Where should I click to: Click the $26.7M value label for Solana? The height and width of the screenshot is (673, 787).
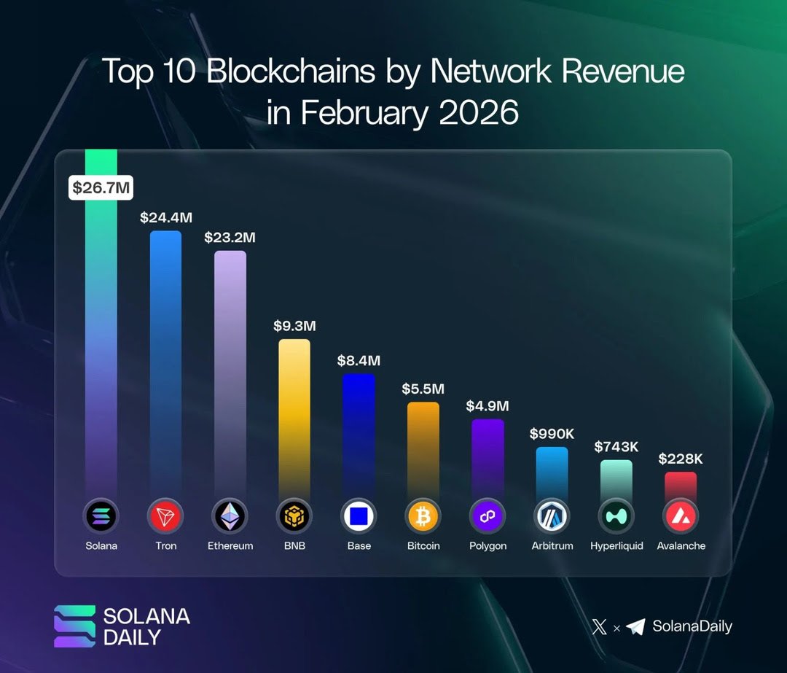tap(101, 187)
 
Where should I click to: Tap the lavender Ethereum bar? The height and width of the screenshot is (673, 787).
tap(230, 365)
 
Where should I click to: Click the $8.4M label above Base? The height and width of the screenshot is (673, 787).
tap(359, 360)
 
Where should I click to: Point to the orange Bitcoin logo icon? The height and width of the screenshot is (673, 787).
tap(423, 517)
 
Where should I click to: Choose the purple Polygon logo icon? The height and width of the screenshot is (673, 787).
tap(488, 517)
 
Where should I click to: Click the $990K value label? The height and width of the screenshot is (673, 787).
tap(552, 434)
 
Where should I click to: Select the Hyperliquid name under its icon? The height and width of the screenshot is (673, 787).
tap(616, 545)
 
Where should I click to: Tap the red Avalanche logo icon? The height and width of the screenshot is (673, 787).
tap(681, 517)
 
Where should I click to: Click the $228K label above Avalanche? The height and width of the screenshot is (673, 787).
tap(681, 459)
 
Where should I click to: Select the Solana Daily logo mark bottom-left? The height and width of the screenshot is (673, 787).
tap(74, 626)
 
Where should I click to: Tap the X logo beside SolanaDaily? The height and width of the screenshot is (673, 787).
tap(599, 626)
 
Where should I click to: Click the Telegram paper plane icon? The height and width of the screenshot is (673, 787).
tap(635, 626)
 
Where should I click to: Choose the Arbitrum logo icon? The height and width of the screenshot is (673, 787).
tap(552, 517)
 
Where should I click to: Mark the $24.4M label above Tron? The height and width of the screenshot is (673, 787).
tap(165, 217)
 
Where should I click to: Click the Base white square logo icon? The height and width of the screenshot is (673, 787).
tap(359, 517)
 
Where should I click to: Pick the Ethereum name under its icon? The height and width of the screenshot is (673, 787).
tap(230, 545)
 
